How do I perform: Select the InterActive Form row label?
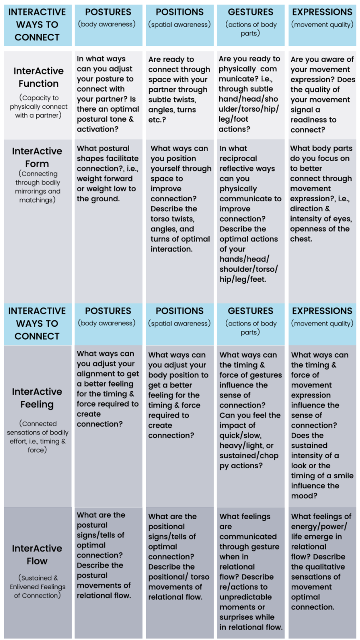(x=37, y=157)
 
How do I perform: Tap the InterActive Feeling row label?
(x=37, y=398)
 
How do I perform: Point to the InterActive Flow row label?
(x=37, y=555)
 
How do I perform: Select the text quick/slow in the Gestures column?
(x=242, y=435)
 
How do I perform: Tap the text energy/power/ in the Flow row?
(x=319, y=526)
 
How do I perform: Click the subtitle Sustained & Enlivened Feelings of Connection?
(x=37, y=587)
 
